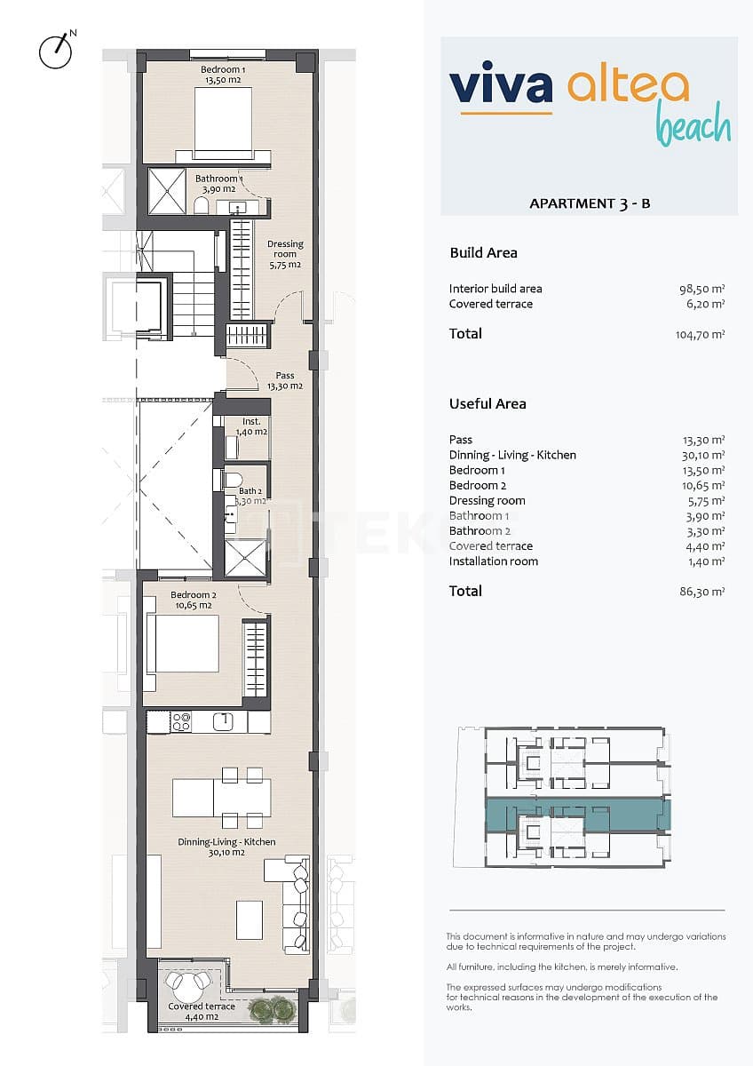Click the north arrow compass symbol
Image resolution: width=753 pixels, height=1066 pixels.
point(55,51)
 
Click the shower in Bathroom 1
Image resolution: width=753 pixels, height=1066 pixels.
point(166,191)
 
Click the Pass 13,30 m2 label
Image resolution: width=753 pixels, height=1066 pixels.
point(284,380)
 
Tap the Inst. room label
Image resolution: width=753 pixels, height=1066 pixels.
point(250,426)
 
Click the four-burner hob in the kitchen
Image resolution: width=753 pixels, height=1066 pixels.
point(181,722)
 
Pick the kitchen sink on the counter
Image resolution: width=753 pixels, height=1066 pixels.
point(223,721)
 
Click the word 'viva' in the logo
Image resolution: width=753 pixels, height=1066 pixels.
point(501,84)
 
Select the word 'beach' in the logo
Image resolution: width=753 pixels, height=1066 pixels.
point(693,127)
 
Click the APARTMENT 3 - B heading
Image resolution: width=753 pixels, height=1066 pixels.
point(590,203)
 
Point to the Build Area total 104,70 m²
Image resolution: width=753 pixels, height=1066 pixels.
point(700,335)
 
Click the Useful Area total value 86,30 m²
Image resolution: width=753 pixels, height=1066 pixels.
point(703,592)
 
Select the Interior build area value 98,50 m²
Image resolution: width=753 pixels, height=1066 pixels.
point(703,289)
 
